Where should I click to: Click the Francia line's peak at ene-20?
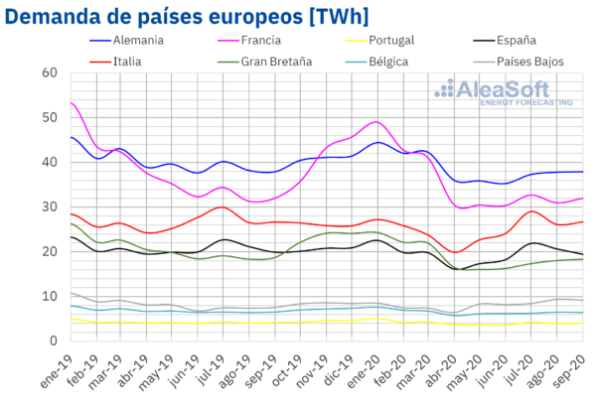click(375, 122)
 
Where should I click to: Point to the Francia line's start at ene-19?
click(71, 102)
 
